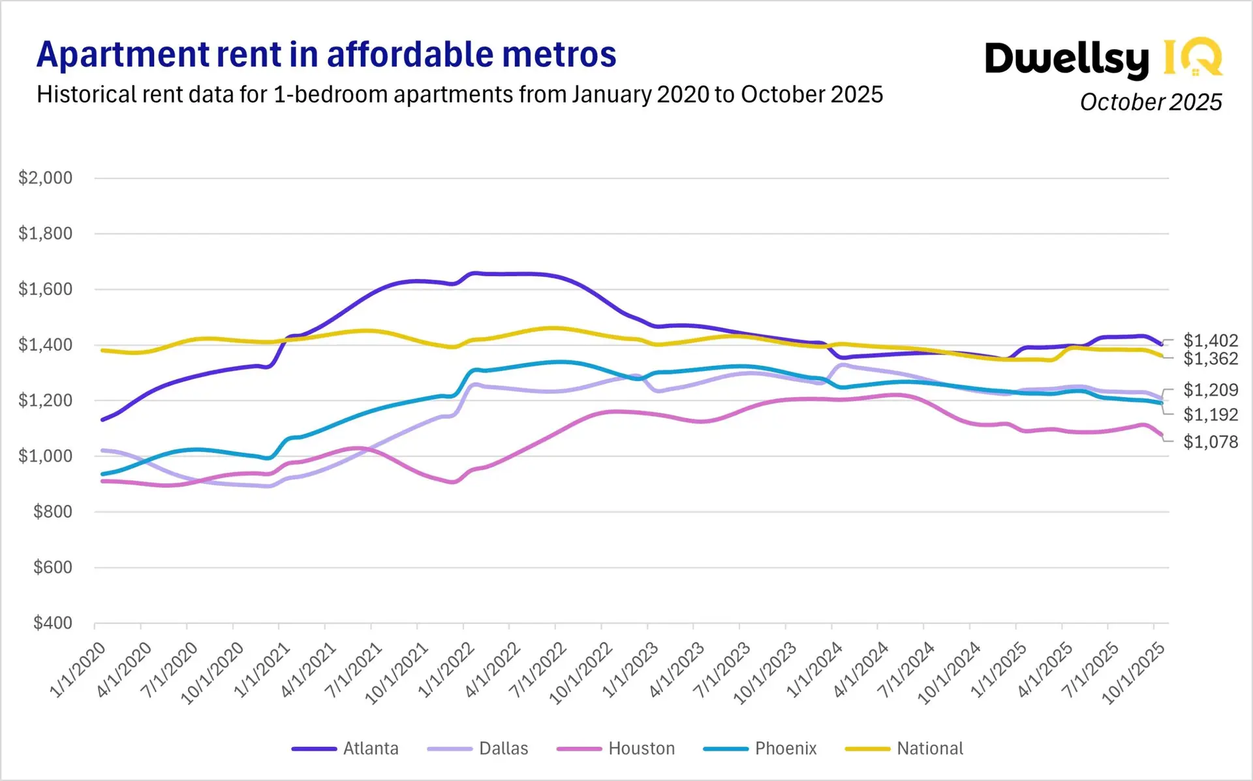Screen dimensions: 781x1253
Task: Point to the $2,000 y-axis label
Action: (45, 178)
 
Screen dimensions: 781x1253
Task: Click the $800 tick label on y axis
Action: (52, 511)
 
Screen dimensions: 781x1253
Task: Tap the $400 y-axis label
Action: (52, 623)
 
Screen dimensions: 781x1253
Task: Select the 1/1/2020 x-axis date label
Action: (79, 670)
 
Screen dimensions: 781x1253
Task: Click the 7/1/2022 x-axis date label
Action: (539, 670)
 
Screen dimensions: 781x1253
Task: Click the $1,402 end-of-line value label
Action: (1210, 340)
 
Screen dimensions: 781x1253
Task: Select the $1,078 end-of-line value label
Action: (1210, 442)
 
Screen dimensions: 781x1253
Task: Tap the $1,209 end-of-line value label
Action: (1210, 390)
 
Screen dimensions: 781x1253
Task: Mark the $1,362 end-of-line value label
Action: (1210, 359)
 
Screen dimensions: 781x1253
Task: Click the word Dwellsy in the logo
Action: (1066, 59)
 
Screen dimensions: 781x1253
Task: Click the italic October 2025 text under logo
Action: (1151, 103)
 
